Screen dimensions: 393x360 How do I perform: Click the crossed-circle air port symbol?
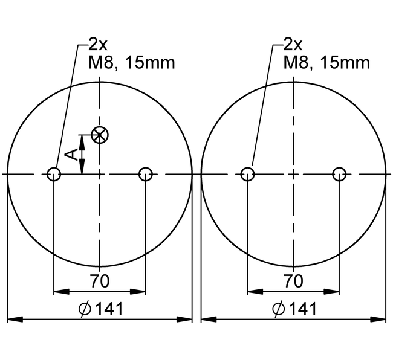point(100,135)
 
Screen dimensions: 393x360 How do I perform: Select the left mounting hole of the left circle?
point(54,174)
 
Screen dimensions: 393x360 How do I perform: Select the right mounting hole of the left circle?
point(146,174)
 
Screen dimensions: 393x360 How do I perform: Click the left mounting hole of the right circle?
point(247,174)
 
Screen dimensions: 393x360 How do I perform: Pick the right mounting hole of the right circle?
point(339,174)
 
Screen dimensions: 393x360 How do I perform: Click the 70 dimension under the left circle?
point(100,281)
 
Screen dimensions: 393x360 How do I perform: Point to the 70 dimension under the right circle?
point(293,281)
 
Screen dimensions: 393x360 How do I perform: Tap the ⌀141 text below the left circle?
point(100,309)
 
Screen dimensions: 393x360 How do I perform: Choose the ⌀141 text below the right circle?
point(294,309)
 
